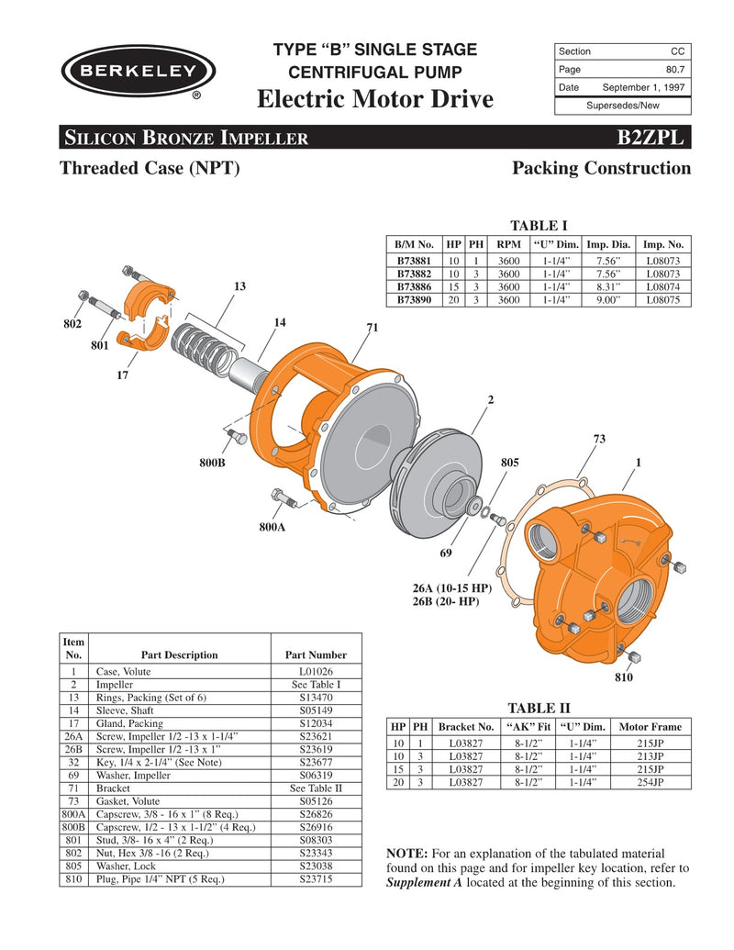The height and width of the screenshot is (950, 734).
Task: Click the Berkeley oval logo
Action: (x=139, y=71)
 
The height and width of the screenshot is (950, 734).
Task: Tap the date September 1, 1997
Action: (x=643, y=87)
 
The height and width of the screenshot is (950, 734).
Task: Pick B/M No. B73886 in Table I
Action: (x=414, y=286)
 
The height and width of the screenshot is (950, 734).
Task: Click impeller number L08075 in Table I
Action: (x=663, y=299)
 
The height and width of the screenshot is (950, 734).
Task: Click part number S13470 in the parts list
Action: (x=316, y=698)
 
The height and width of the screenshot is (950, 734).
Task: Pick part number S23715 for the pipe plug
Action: (x=316, y=878)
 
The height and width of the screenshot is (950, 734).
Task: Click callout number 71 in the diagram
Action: (x=372, y=328)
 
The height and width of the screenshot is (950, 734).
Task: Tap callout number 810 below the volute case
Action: (x=624, y=677)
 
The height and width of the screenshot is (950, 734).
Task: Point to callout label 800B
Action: (x=213, y=464)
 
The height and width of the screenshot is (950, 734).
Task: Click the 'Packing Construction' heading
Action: (x=601, y=168)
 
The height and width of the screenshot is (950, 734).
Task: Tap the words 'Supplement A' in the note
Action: (x=424, y=883)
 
